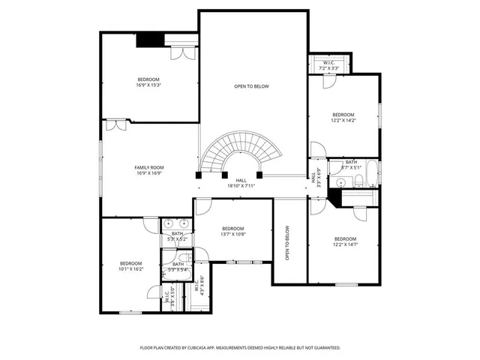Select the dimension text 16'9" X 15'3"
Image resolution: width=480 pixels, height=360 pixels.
(x=149, y=85)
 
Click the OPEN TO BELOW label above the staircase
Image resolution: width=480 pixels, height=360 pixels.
(x=251, y=86)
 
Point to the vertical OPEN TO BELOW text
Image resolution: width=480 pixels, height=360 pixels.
(x=287, y=242)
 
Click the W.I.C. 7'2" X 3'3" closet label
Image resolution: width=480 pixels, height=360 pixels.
(x=328, y=65)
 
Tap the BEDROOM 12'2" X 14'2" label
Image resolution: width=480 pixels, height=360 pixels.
(x=343, y=117)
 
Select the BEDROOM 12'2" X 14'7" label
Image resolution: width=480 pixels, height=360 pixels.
(x=345, y=241)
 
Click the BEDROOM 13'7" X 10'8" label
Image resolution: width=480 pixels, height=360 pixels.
(x=232, y=231)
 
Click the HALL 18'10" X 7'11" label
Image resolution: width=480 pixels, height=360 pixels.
(x=241, y=183)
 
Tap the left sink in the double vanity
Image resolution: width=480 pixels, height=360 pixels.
(x=169, y=223)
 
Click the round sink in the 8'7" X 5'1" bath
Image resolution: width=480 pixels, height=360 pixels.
(x=340, y=182)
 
